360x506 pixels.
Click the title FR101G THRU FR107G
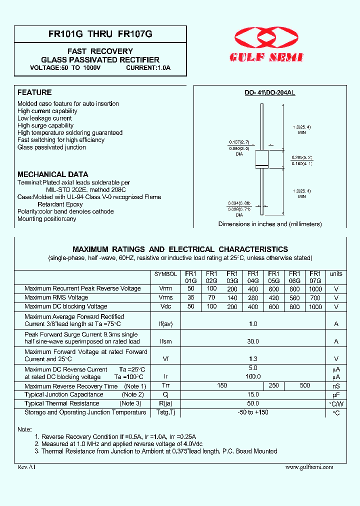point(100,34)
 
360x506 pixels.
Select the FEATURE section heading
point(34,92)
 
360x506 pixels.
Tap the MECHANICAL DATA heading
point(52,174)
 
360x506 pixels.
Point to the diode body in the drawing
point(262,159)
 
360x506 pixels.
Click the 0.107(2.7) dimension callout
point(238,142)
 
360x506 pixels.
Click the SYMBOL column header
point(165,274)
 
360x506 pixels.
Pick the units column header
point(336,274)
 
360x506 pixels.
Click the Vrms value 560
point(294,297)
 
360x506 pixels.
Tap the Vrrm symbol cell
point(165,288)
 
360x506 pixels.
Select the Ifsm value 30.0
point(253,341)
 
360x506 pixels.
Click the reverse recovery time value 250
point(273,385)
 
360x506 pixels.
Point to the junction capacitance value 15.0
point(253,394)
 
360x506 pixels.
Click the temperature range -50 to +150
point(253,412)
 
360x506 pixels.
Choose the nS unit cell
point(336,386)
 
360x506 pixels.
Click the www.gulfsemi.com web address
point(309,467)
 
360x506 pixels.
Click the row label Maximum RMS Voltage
point(56,297)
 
